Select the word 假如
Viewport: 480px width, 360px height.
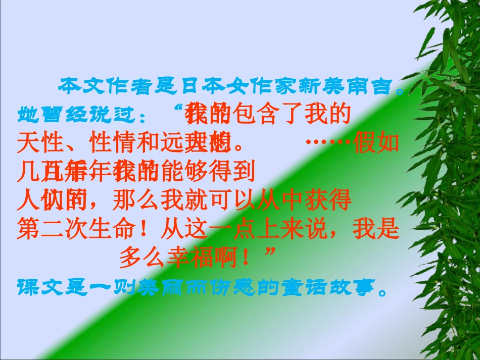tap(376, 143)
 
